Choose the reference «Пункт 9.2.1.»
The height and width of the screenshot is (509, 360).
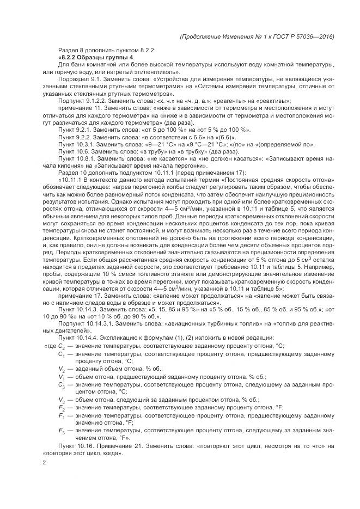(x=74, y=130)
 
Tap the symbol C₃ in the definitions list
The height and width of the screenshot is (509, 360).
(x=61, y=384)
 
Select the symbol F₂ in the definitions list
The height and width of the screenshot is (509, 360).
(x=61, y=407)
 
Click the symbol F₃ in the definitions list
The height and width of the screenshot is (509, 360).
(x=61, y=431)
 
